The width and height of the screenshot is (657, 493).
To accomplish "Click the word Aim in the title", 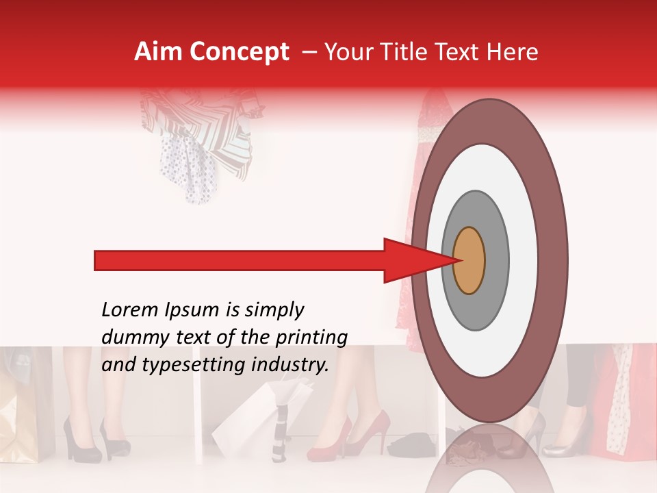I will [158, 52].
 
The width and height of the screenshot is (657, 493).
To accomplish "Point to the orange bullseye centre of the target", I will [469, 260].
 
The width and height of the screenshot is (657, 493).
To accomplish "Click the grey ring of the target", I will [496, 260].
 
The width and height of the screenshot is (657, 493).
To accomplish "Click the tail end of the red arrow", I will [97, 260].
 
